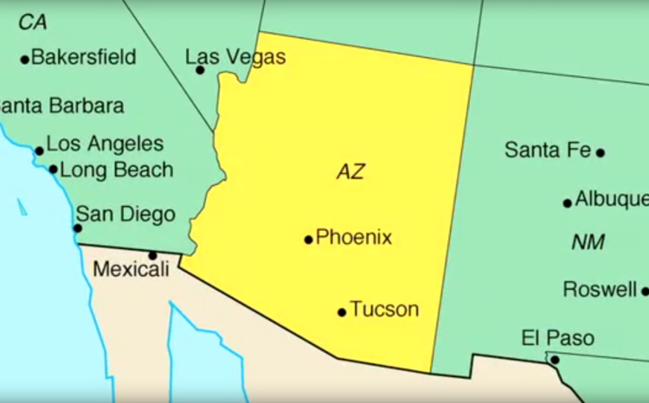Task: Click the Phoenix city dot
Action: [x=308, y=240]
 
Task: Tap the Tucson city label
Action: [x=384, y=309]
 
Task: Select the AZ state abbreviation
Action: [x=350, y=171]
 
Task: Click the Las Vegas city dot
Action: [x=201, y=69]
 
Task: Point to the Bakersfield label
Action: [x=84, y=58]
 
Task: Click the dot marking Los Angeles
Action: [x=39, y=150]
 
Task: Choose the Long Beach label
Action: [x=116, y=170]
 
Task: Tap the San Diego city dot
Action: [x=77, y=228]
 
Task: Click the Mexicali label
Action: [x=131, y=269]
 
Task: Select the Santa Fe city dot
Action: [x=601, y=152]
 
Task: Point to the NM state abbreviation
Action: [x=588, y=243]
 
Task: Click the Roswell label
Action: [x=600, y=289]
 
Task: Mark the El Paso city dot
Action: [x=555, y=360]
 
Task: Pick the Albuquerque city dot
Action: [x=568, y=203]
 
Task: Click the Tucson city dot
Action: [x=342, y=311]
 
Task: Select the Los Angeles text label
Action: [x=105, y=144]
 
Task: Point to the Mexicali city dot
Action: [x=152, y=255]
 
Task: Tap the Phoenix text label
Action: [x=354, y=237]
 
